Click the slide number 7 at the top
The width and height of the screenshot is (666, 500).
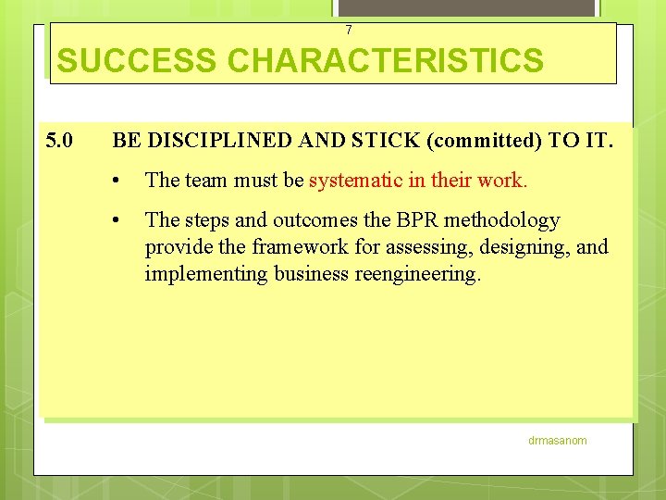coord(348,31)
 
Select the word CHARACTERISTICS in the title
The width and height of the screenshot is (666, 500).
coord(385,61)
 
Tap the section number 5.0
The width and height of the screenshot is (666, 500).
coord(61,141)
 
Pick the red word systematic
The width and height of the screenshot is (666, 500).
coord(354,180)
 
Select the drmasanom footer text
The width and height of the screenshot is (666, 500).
coord(557,441)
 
